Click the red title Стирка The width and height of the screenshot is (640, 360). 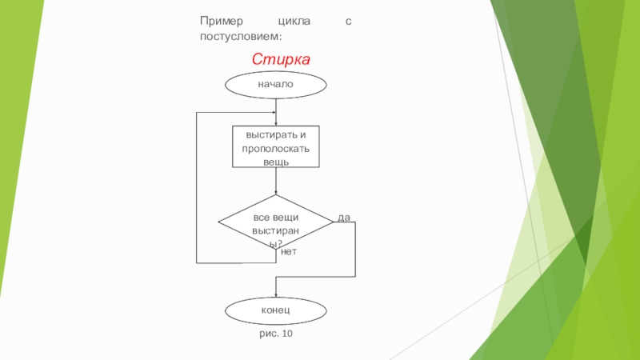281,59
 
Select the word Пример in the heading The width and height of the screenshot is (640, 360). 222,22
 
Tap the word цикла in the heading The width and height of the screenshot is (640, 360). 294,22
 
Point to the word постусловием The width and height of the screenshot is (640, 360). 241,36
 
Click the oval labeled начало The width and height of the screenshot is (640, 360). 276,85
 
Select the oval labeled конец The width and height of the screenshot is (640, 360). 276,310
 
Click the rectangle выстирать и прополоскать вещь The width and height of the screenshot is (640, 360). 276,146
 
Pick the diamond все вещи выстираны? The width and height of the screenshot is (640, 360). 276,222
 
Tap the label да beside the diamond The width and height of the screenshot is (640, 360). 344,218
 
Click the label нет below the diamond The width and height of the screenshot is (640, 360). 289,252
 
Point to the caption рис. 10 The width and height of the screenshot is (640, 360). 276,334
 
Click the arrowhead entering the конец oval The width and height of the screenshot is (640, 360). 276,295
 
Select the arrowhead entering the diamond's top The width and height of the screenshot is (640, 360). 276,192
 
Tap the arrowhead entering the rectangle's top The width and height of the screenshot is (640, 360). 276,124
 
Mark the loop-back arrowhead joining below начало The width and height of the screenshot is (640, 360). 274,112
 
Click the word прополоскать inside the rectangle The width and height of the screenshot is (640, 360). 276,149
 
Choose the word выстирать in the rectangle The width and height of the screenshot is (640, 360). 270,135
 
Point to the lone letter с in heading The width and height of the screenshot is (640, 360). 348,22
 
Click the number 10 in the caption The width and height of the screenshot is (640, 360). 287,334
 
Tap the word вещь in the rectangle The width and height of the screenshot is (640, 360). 276,162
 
